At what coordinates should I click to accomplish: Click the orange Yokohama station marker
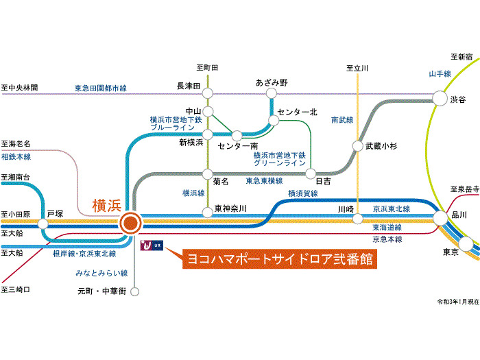click(x=130, y=223)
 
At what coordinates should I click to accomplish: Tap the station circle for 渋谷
click(x=440, y=98)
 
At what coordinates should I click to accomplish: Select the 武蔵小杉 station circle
click(x=357, y=146)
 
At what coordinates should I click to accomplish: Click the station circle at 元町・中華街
click(x=134, y=291)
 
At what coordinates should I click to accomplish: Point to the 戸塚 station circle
click(x=43, y=224)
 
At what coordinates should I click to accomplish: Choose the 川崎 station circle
click(x=357, y=219)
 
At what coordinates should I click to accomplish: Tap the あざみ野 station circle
click(x=272, y=93)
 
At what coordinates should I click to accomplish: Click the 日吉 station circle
click(x=311, y=174)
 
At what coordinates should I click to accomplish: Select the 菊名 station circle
click(x=208, y=174)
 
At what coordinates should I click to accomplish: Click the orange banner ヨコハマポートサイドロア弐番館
click(x=280, y=259)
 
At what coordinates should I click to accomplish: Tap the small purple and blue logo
click(x=152, y=245)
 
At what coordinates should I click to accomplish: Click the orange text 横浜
click(x=107, y=206)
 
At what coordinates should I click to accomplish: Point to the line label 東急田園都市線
click(x=101, y=88)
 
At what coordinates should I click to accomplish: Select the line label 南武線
click(x=342, y=120)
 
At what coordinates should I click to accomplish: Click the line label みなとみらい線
click(x=101, y=273)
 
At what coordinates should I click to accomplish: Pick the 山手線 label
click(x=440, y=74)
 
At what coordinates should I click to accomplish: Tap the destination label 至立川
click(x=357, y=68)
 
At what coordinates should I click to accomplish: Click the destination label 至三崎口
click(x=16, y=289)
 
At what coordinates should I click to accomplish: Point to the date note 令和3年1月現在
click(x=458, y=302)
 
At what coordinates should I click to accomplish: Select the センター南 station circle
click(x=237, y=136)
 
